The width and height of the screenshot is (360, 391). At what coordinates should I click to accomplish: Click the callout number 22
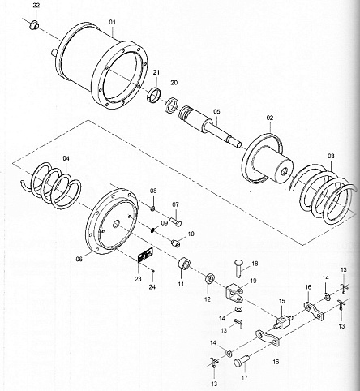click(x=36, y=6)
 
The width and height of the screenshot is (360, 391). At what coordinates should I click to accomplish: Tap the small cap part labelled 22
click(x=34, y=25)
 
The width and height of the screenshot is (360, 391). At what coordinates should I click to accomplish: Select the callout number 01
click(x=112, y=22)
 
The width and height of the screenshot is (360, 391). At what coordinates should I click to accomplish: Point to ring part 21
click(x=155, y=94)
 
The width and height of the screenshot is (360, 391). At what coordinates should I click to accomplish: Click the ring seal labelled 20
click(x=171, y=105)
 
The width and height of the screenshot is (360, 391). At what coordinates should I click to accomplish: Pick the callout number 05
click(x=216, y=111)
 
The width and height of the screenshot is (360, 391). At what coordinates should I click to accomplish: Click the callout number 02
click(x=270, y=118)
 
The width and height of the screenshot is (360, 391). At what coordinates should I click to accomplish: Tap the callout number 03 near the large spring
click(x=331, y=156)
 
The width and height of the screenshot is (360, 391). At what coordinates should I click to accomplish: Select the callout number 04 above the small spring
click(x=66, y=158)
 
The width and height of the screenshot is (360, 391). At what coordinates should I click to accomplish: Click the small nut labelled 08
click(x=152, y=208)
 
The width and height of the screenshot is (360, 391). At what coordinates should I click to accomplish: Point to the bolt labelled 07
click(x=176, y=221)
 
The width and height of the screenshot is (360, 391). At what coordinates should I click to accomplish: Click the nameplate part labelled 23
click(x=145, y=255)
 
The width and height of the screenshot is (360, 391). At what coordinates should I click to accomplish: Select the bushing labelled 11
click(x=184, y=264)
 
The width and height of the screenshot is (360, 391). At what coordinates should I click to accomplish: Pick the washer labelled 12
click(x=210, y=279)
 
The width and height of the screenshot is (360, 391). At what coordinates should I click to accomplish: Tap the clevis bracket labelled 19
click(x=234, y=294)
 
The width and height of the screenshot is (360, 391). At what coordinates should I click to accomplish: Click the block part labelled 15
click(x=283, y=320)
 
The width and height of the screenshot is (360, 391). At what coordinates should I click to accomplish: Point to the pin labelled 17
click(x=241, y=361)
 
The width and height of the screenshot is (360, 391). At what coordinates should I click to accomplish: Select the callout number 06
click(x=79, y=259)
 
